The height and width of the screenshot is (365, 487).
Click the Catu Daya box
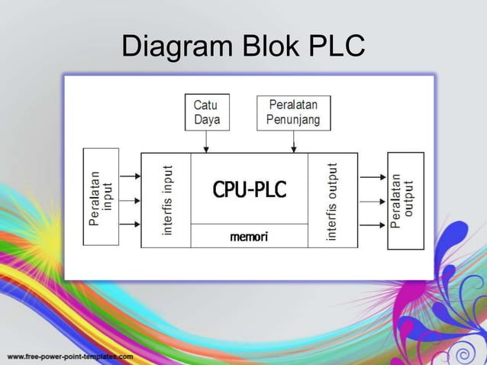click(x=207, y=111)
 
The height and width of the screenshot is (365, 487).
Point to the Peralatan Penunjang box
click(x=293, y=111)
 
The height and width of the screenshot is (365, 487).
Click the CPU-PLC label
click(x=249, y=189)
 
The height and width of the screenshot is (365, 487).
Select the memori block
click(x=249, y=237)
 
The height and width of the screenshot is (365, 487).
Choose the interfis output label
click(x=332, y=201)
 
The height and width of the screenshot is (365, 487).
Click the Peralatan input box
click(x=101, y=196)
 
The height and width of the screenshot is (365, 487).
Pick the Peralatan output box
click(x=405, y=200)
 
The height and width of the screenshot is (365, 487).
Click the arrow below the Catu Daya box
click(x=207, y=141)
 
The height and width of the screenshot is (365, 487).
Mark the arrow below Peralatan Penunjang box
click(x=293, y=141)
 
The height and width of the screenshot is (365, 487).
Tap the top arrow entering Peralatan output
click(x=373, y=176)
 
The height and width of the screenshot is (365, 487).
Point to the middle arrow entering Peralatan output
click(x=373, y=202)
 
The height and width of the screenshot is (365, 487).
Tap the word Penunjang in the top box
click(x=294, y=120)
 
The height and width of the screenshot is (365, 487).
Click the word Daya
click(x=206, y=120)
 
